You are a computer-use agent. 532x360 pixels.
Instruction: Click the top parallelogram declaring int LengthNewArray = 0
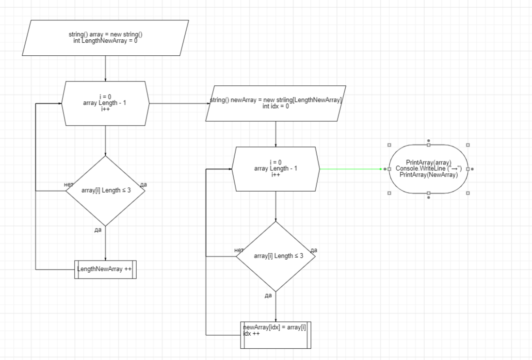pos(105,38)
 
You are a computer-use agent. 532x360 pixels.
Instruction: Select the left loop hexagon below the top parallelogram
pos(105,103)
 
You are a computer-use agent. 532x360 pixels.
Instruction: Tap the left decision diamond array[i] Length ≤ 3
pos(105,190)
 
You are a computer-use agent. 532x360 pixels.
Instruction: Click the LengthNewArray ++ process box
pos(105,269)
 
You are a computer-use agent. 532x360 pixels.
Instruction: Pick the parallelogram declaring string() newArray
pos(276,103)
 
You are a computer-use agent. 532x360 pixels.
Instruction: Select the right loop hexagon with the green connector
pos(275,169)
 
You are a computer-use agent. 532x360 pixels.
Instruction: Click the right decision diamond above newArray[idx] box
pos(275,256)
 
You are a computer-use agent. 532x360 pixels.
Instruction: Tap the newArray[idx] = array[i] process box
pos(275,335)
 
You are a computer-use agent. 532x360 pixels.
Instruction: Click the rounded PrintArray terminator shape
pos(429,169)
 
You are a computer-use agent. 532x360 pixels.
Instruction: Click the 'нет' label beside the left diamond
pos(68,185)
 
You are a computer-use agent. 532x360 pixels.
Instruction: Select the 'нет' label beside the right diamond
pos(239,250)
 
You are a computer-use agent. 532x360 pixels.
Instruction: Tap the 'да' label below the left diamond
pos(98,230)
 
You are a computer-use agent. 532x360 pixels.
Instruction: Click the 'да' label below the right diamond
pos(268,296)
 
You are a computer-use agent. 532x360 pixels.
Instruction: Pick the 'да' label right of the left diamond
pos(144,185)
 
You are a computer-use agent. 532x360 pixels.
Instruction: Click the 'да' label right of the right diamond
pos(314,250)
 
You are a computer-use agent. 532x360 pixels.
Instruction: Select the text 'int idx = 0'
pos(276,106)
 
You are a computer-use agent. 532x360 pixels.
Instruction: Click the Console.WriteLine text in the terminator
pos(429,168)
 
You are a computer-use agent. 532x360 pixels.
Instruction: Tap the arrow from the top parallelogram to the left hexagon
pos(105,68)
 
